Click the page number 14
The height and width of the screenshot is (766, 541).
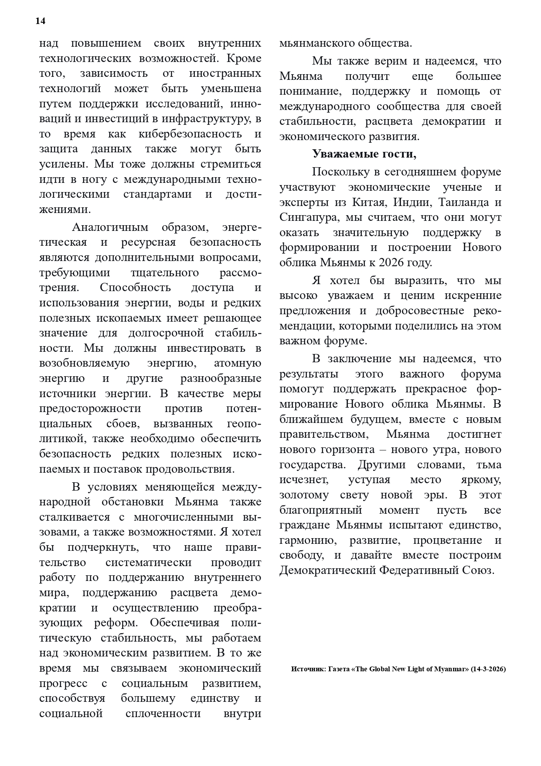[41, 21]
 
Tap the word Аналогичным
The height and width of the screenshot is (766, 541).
[110, 227]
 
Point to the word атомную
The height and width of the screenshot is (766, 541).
[238, 363]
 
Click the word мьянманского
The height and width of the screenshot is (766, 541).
[316, 43]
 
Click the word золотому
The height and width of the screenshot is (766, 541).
[303, 495]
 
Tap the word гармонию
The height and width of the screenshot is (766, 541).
[308, 540]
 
